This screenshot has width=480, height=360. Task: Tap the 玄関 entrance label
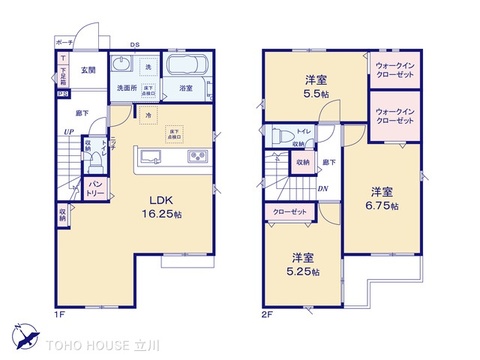tap(88, 70)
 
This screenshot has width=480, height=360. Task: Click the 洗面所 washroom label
tap(122, 89)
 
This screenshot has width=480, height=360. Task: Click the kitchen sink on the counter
tap(152, 156)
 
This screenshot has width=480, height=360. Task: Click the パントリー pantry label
tap(95, 187)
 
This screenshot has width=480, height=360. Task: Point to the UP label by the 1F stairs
tap(67, 132)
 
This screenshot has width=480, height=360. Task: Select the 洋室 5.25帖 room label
tap(303, 261)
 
